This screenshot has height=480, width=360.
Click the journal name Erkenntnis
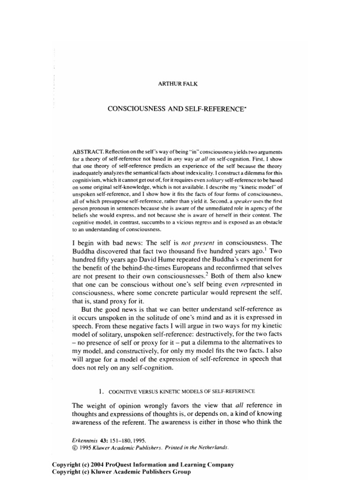point(82,441)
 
